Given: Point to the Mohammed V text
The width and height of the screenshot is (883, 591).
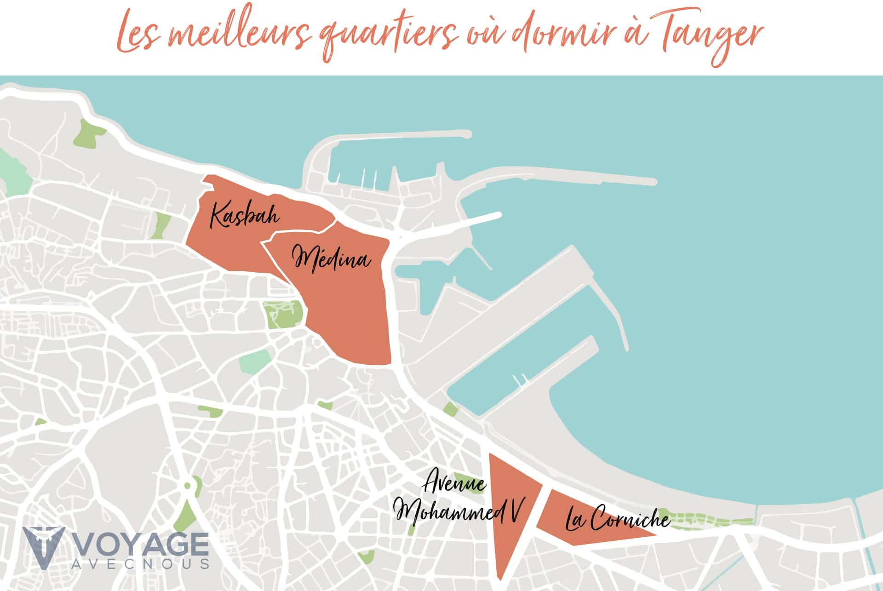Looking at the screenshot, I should [460, 511].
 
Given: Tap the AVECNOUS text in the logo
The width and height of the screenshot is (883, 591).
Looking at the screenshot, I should [141, 564].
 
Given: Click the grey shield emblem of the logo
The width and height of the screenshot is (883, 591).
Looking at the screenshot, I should [42, 547].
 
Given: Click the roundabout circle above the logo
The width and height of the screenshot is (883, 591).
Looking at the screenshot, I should [187, 485].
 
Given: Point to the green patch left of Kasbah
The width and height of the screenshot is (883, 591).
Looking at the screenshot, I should [162, 225].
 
